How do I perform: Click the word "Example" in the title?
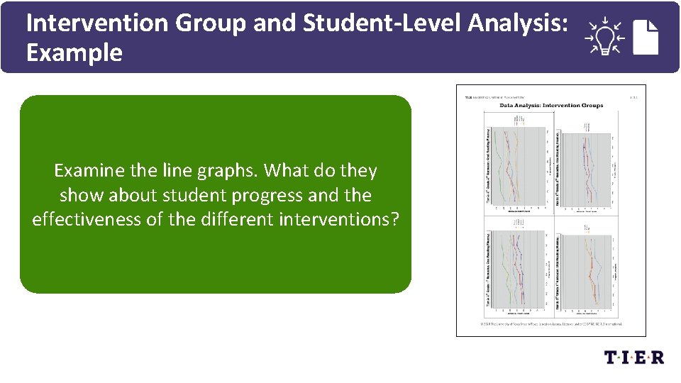pyautogui.click(x=74, y=53)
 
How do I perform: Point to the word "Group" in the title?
pyautogui.click(x=206, y=23)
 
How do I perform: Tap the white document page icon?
pyautogui.click(x=646, y=38)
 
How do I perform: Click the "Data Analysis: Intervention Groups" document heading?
pyautogui.click(x=551, y=105)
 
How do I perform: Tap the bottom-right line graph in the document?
pyautogui.click(x=589, y=270)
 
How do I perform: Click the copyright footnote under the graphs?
pyautogui.click(x=551, y=323)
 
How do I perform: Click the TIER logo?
pyautogui.click(x=634, y=357)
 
